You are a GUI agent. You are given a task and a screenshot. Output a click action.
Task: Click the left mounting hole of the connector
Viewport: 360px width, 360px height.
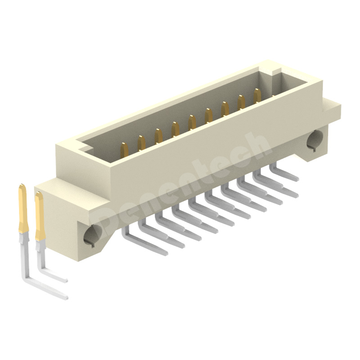[x=93, y=235]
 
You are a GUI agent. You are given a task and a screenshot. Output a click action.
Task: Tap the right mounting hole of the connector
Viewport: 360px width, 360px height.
[x=315, y=140]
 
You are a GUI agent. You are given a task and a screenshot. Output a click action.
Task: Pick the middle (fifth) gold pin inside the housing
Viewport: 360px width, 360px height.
[x=192, y=122]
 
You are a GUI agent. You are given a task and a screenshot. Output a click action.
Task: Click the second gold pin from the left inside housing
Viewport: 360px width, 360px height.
[x=141, y=143]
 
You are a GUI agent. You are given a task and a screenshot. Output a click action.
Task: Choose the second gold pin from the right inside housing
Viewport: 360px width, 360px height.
[x=241, y=103]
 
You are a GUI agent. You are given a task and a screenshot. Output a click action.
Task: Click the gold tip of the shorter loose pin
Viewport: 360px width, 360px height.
[x=40, y=216]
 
